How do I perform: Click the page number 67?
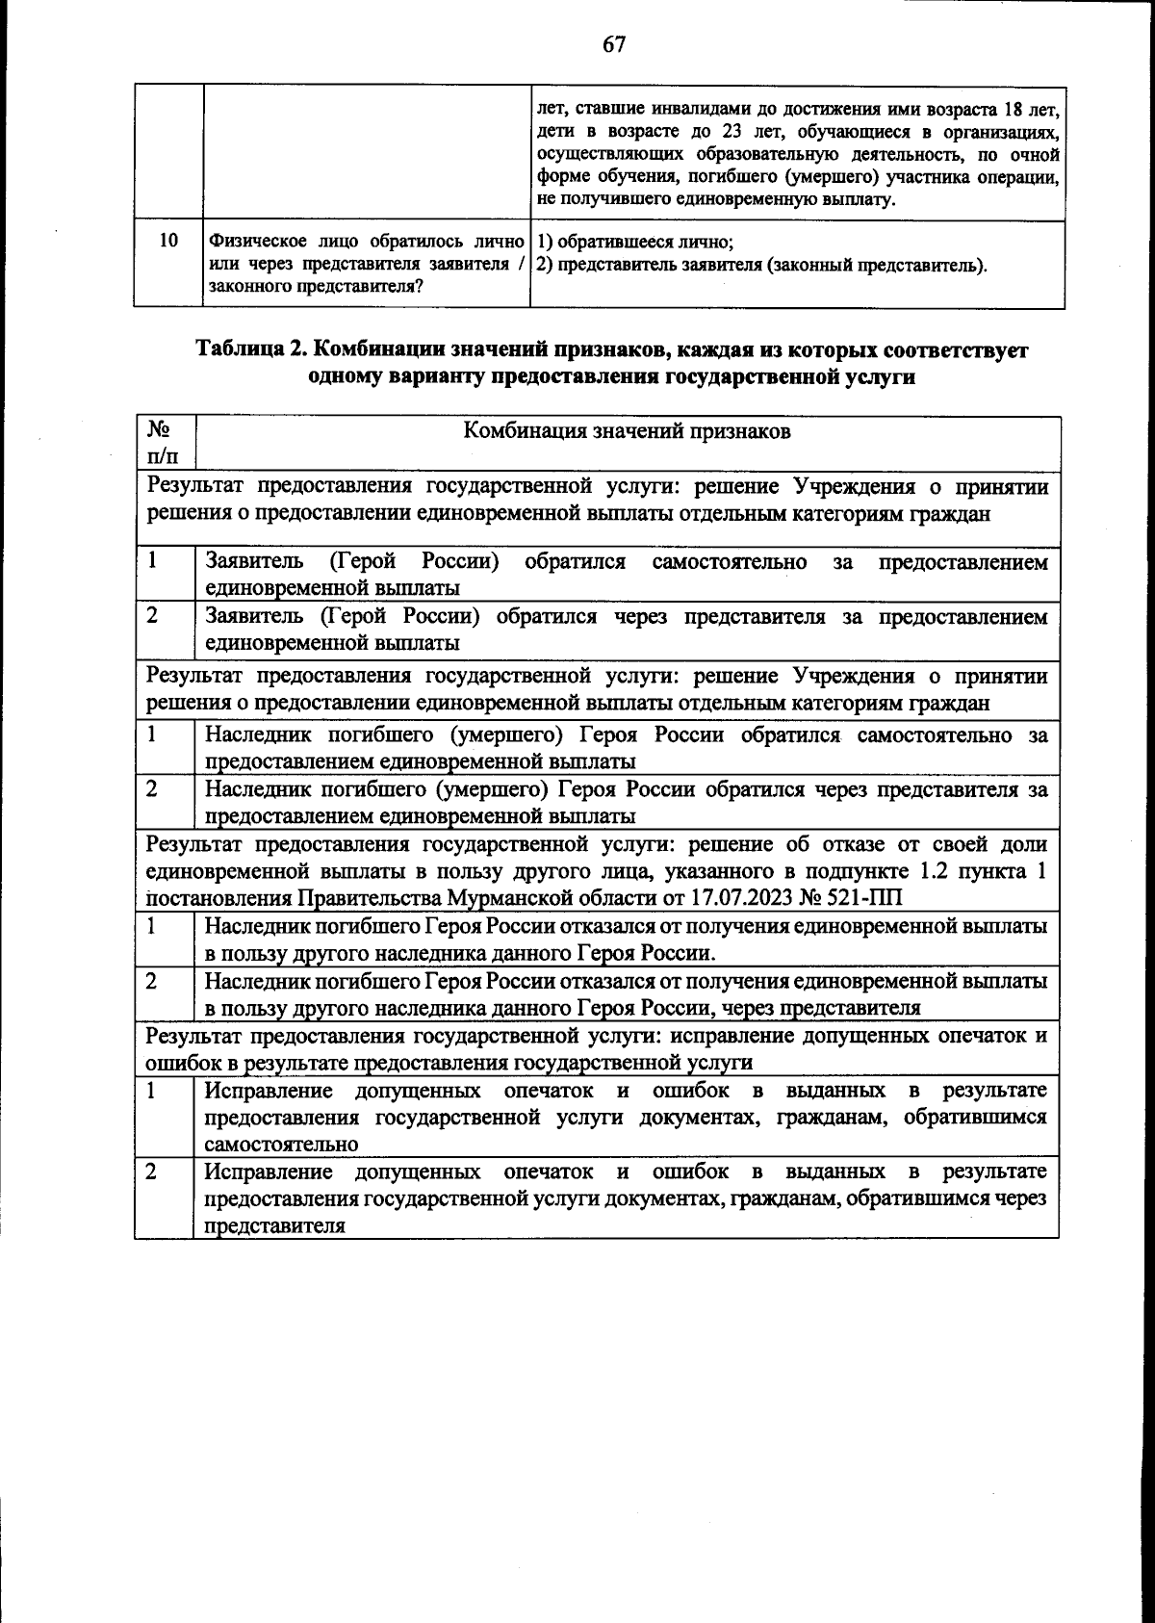pos(614,45)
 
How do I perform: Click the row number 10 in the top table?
pos(168,241)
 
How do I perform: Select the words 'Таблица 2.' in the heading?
pos(252,349)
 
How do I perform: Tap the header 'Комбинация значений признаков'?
pos(627,430)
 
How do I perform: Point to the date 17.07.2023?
pos(740,899)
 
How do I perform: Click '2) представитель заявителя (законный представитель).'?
pos(761,265)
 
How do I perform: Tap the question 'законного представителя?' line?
pos(316,287)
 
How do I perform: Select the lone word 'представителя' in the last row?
pos(274,1226)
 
